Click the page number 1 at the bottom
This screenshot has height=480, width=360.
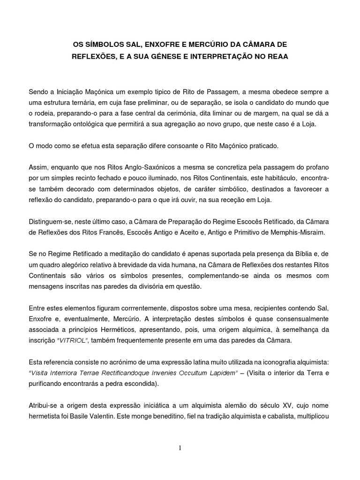point(180,448)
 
